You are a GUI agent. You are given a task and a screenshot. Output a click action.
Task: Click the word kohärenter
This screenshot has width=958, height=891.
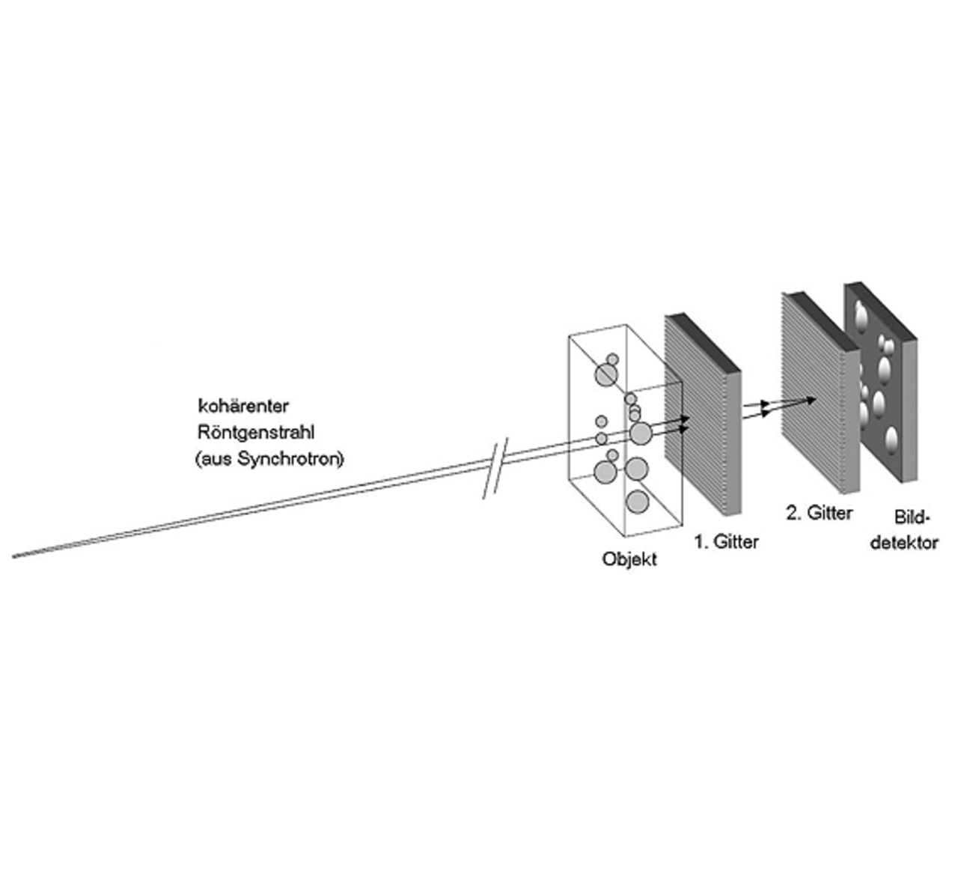click(243, 406)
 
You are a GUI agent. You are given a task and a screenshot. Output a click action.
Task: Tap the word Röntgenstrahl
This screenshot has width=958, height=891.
click(256, 433)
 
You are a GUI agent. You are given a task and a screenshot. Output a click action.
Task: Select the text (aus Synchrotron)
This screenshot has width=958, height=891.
click(269, 459)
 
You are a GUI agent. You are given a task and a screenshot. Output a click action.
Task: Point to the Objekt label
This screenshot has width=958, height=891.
click(629, 559)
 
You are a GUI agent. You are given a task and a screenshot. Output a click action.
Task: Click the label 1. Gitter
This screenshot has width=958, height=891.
click(727, 541)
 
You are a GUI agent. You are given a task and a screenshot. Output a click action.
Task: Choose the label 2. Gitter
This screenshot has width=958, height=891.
click(820, 513)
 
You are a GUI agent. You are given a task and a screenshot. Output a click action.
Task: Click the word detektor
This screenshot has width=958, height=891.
click(904, 543)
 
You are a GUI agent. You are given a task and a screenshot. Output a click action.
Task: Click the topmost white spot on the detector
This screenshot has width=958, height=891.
click(861, 314)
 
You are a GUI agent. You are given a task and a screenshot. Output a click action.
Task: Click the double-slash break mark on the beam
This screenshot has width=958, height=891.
click(496, 468)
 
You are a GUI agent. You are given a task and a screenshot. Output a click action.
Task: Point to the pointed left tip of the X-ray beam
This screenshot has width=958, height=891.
click(13, 557)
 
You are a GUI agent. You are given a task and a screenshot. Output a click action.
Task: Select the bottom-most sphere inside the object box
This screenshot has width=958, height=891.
click(637, 502)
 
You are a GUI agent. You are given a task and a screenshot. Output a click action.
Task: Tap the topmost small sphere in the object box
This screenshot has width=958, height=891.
click(613, 359)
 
